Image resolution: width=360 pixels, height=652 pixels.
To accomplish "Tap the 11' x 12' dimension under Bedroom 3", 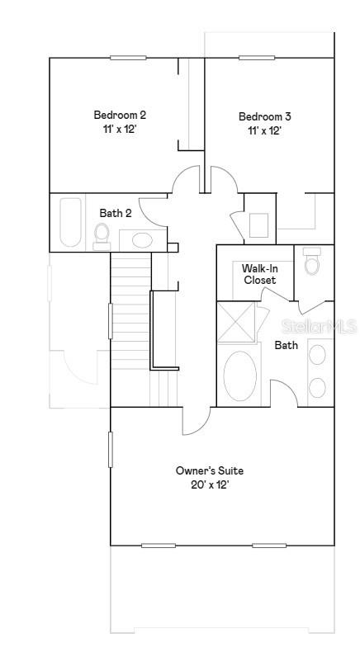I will pos(264,131).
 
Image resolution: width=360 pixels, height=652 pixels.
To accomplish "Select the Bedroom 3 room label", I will pos(264,116).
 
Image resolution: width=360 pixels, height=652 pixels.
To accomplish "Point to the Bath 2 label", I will pos(116,213).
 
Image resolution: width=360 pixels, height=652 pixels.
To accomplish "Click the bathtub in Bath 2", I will pos(71,222).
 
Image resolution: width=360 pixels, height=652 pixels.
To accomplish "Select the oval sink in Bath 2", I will pos(142,241).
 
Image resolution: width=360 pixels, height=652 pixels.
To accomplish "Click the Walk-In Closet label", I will pos(259,274).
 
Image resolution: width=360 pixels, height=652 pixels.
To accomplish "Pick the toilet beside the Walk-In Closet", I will pos(312,262).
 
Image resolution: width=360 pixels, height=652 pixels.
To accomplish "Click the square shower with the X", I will pos(237,322).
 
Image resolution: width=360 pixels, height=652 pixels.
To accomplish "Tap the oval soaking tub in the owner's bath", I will pos(240,376).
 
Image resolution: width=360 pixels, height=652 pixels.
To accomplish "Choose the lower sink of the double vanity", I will pos(317,386).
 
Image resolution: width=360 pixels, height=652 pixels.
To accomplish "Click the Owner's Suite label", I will pos(209,470).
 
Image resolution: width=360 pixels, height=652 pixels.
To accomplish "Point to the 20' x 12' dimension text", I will pos(209,485).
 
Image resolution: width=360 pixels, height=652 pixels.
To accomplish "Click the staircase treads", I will pos(130,314).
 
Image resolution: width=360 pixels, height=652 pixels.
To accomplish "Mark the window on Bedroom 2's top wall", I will pos(128,58).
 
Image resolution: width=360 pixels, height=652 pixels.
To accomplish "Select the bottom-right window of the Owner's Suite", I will pos(269,546).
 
